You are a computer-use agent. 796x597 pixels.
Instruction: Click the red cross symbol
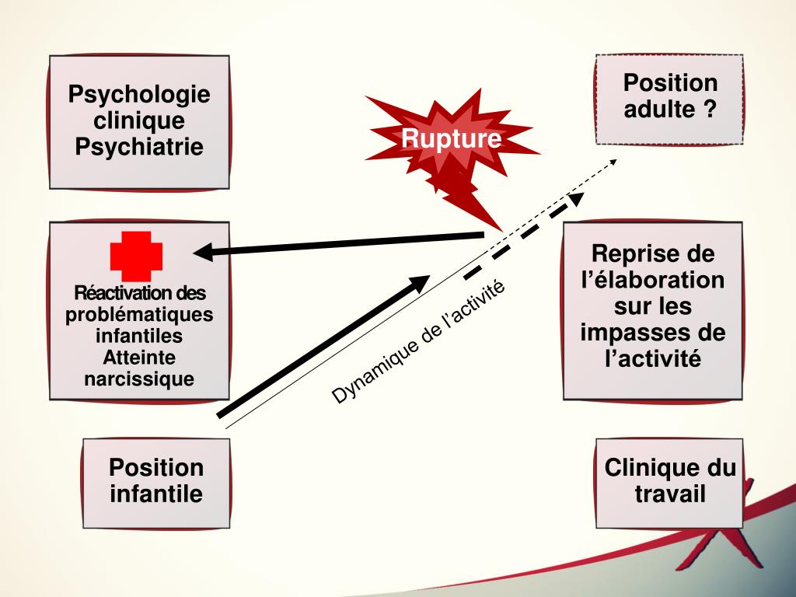pos(137,256)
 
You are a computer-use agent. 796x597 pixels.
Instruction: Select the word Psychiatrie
pos(139,146)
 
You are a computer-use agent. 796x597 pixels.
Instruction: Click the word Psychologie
pos(139,95)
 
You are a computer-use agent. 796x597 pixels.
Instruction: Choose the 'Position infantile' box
pos(156,481)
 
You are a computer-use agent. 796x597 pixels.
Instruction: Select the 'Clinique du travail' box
pos(669,481)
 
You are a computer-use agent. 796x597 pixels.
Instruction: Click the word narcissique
pos(139,379)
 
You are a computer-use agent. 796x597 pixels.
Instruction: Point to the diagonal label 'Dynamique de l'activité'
pos(418,341)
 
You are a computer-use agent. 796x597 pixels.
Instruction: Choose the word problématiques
pos(139,316)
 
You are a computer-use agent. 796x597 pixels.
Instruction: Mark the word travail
pos(670,494)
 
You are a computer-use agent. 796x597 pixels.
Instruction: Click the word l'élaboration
pos(653,280)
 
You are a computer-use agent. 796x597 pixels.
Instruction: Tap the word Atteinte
pos(139,358)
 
